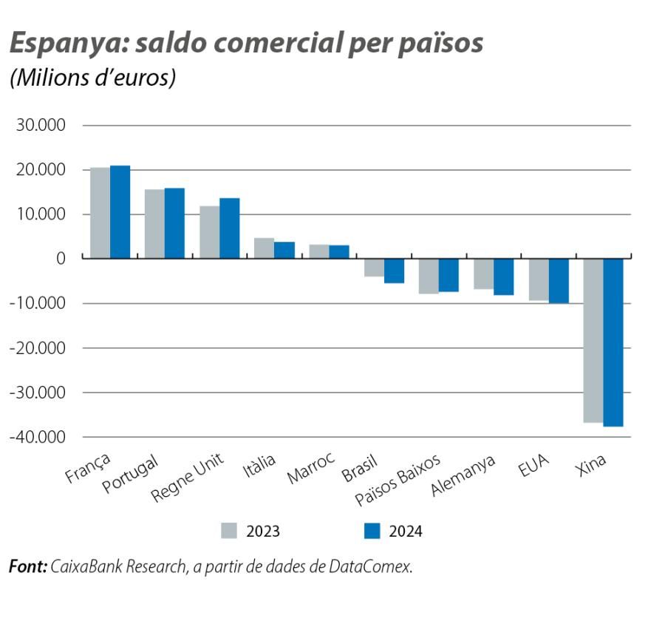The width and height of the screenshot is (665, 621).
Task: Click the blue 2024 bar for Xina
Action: click(613, 342)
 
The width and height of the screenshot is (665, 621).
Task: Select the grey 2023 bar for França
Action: click(100, 213)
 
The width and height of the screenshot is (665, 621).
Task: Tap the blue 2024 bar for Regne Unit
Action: click(229, 228)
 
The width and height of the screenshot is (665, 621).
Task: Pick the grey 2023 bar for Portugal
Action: click(154, 224)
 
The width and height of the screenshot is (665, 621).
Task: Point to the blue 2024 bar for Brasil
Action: click(394, 271)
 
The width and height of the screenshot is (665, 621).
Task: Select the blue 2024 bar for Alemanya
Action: click(503, 276)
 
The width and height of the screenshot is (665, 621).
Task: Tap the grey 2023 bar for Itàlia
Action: click(264, 248)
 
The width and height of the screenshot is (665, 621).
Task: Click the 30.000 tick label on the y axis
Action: click(41, 126)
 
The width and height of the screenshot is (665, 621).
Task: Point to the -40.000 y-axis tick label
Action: click(37, 437)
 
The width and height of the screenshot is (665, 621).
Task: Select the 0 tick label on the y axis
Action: click(60, 259)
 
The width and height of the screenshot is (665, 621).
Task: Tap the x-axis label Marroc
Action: click(310, 467)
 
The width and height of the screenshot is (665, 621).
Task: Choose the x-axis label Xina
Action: click(591, 464)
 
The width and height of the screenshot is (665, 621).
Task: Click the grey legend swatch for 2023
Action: click(230, 531)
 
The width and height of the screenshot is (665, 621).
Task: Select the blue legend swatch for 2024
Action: click(372, 531)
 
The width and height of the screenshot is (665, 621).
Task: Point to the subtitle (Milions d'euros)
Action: click(92, 78)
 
